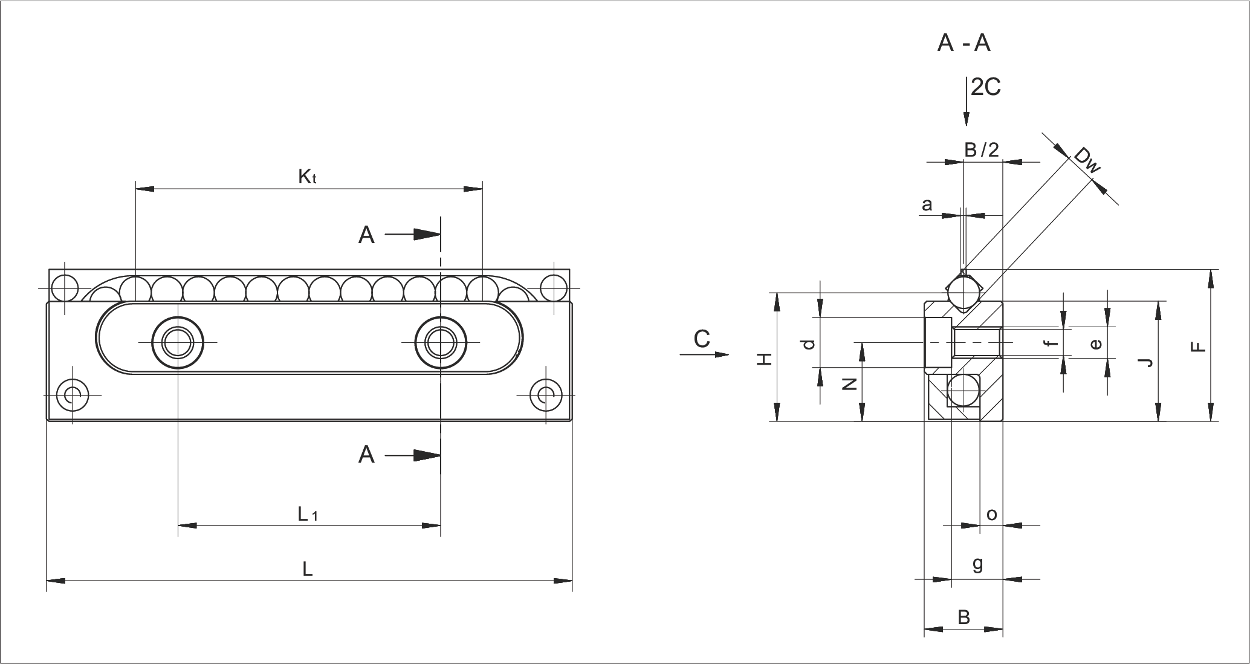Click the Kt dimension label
[x=308, y=177]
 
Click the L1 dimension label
[x=308, y=514]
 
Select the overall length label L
[x=308, y=569]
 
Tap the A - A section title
[x=963, y=44]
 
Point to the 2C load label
[x=985, y=88]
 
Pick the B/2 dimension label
[x=982, y=150]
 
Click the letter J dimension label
[x=1145, y=362]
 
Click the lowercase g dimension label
[x=977, y=564]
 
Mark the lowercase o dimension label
[x=991, y=515]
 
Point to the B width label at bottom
[x=964, y=617]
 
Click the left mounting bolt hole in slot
[x=178, y=343]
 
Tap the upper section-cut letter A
[x=366, y=235]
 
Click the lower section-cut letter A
[x=366, y=454]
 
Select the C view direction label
[x=702, y=340]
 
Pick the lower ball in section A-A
[x=963, y=390]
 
